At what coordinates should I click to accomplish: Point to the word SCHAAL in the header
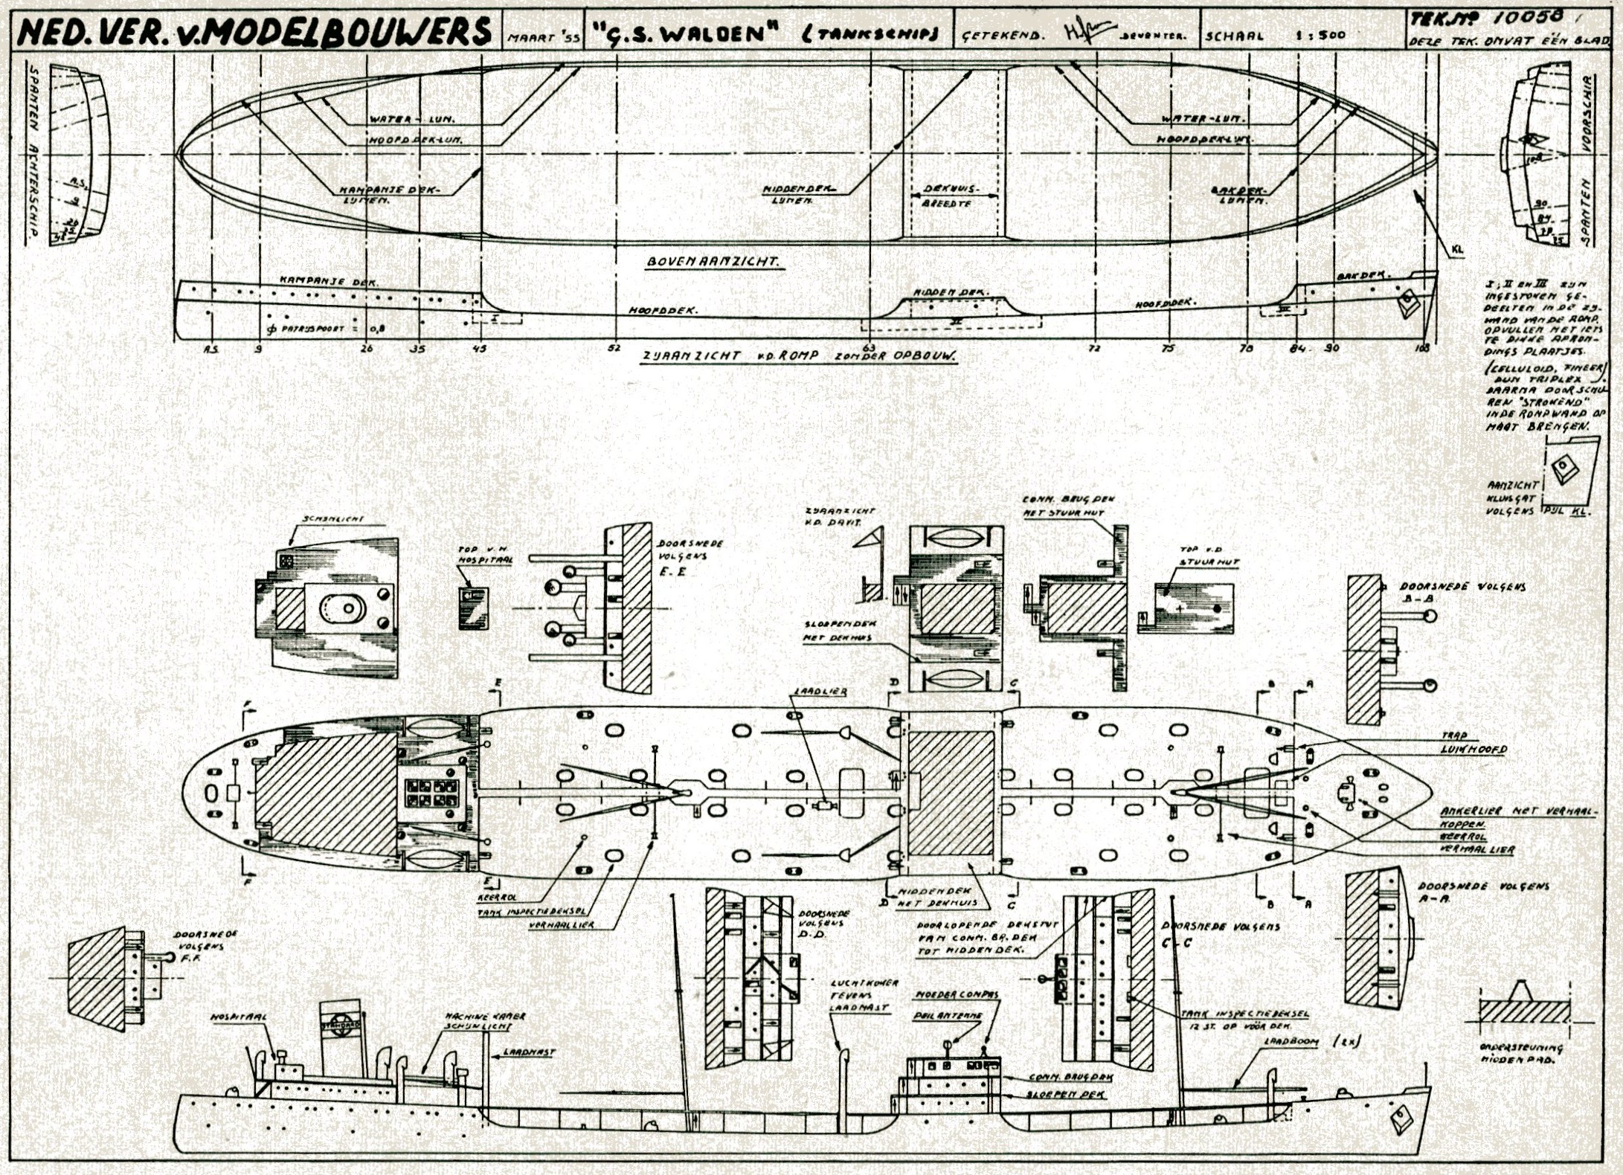pyautogui.click(x=1234, y=35)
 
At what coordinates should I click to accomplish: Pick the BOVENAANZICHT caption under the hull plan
pyautogui.click(x=712, y=262)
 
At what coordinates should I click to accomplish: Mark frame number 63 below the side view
pyautogui.click(x=869, y=347)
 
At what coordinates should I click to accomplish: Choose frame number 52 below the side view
pyautogui.click(x=614, y=347)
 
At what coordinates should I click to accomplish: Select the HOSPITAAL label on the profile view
pyautogui.click(x=238, y=1017)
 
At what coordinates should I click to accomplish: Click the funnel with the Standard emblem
pyautogui.click(x=341, y=1037)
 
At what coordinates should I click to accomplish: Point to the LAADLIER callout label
pyautogui.click(x=820, y=692)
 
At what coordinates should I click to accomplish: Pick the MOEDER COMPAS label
pyautogui.click(x=956, y=994)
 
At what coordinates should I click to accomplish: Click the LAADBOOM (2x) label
pyautogui.click(x=1312, y=1042)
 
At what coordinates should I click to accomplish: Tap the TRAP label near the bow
pyautogui.click(x=1454, y=735)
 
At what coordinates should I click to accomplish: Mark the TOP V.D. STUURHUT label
pyautogui.click(x=1209, y=556)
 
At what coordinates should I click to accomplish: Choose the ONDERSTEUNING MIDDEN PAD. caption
pyautogui.click(x=1522, y=1054)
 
